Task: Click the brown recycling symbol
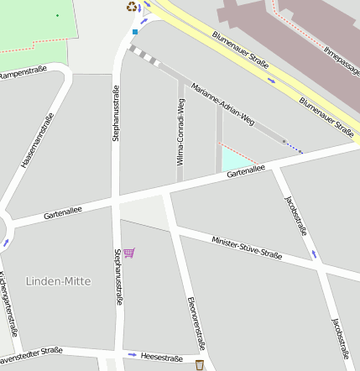131,7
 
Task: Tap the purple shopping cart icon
128,252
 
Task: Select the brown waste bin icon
199,364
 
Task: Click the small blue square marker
135,32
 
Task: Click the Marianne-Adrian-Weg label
222,105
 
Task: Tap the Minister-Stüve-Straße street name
247,248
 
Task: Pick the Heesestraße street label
161,358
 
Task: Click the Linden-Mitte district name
59,281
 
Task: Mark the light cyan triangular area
234,160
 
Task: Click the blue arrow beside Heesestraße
132,355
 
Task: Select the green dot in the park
57,15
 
